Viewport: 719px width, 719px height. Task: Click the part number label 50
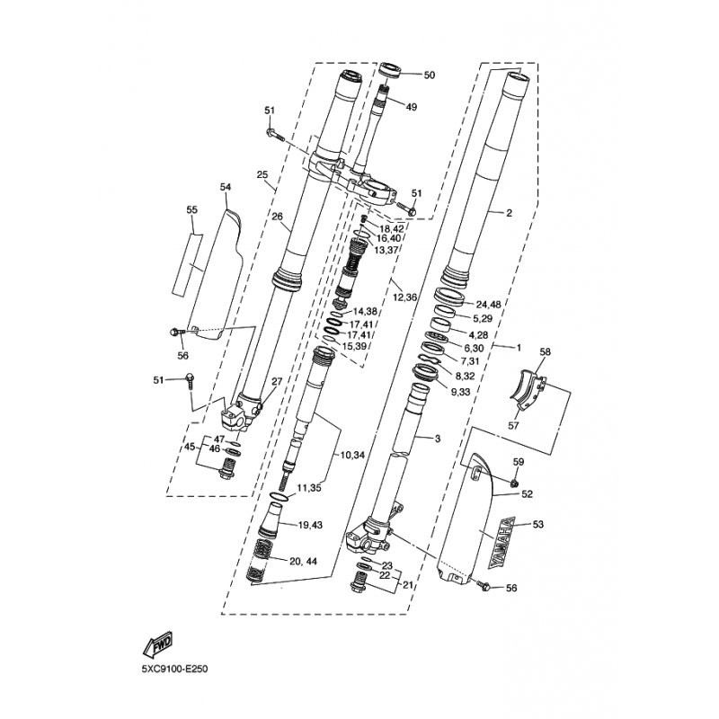click(429, 75)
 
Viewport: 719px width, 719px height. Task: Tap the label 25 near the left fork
click(262, 174)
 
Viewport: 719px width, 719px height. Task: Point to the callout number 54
click(226, 186)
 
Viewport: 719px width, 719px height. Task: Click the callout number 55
click(191, 209)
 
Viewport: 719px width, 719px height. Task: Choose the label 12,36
click(405, 297)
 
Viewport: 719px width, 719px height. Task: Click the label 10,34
click(354, 456)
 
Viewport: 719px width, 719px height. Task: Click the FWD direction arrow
click(157, 645)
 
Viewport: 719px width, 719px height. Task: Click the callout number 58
click(544, 352)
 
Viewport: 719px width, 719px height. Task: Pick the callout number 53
click(538, 523)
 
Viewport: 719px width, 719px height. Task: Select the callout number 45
click(190, 447)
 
